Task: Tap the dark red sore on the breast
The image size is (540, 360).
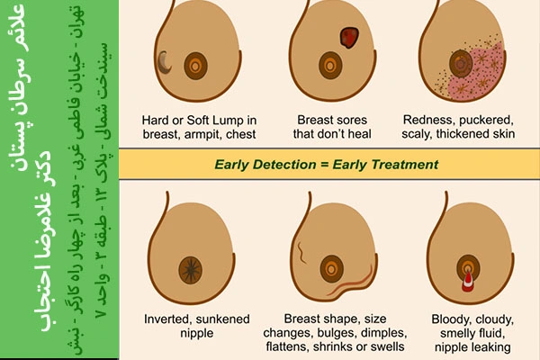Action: pos(349,37)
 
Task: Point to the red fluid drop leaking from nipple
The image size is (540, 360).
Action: pos(467,282)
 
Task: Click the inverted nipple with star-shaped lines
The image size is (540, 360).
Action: pos(191,270)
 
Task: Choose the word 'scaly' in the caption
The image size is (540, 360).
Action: pos(417,134)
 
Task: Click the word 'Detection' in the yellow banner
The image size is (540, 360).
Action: pos(284,165)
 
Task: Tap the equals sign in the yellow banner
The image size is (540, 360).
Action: pos(324,165)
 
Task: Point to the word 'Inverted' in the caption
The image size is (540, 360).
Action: pos(165,319)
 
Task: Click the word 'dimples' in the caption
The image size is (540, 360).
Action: pos(385,334)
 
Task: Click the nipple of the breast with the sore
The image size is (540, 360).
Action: pos(330,65)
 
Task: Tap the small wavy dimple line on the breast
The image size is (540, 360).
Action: pos(301,252)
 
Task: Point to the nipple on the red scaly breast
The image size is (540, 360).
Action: pos(461,63)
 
